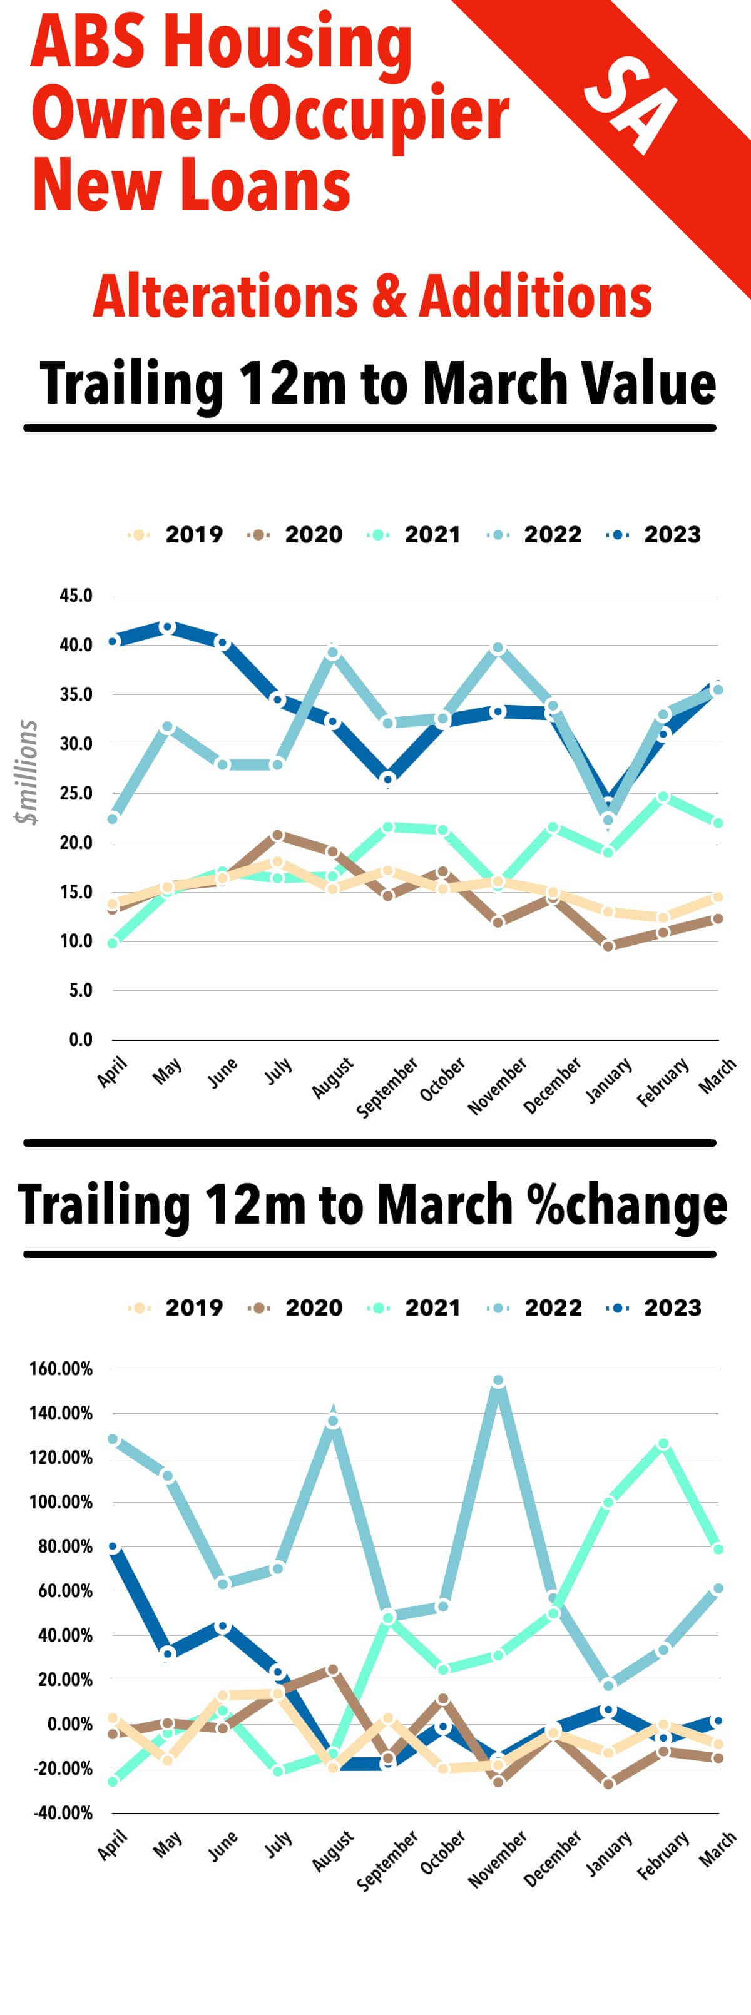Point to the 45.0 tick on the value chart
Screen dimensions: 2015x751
pyautogui.click(x=76, y=596)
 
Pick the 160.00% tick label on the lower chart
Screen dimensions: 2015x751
pyautogui.click(x=61, y=1369)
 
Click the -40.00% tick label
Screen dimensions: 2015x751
pyautogui.click(x=63, y=1813)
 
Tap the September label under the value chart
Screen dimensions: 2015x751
pyautogui.click(x=387, y=1087)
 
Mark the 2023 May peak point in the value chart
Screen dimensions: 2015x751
pyautogui.click(x=168, y=627)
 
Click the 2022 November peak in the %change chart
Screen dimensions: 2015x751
pyautogui.click(x=498, y=1381)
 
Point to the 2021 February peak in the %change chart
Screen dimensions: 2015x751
pyautogui.click(x=663, y=1444)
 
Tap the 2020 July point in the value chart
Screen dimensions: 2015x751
pyautogui.click(x=278, y=835)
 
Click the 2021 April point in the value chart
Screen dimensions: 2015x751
pyautogui.click(x=113, y=943)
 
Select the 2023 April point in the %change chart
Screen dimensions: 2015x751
pyautogui.click(x=113, y=1547)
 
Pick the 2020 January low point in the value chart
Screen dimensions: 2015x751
pyautogui.click(x=608, y=947)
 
